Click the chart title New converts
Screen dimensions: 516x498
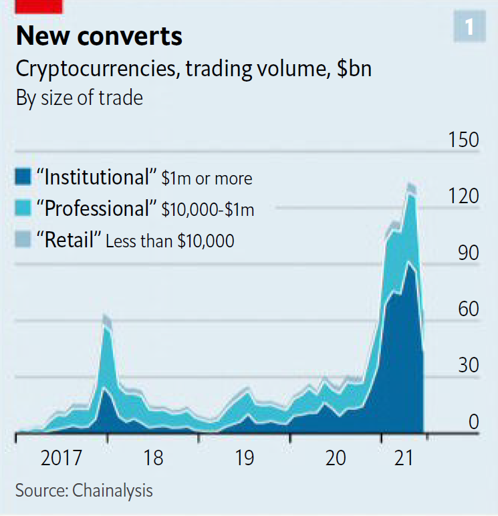pyautogui.click(x=99, y=35)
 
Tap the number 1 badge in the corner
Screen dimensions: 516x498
pyautogui.click(x=469, y=27)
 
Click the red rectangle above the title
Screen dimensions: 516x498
pyautogui.click(x=39, y=6)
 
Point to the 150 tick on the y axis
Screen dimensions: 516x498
pyautogui.click(x=464, y=140)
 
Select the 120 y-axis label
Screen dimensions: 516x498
pyautogui.click(x=464, y=197)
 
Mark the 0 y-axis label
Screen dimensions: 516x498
pyautogui.click(x=473, y=422)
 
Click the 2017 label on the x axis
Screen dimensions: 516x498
pyautogui.click(x=61, y=458)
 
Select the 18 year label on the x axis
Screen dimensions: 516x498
pyautogui.click(x=153, y=458)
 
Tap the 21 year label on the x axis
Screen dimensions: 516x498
pyautogui.click(x=403, y=458)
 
